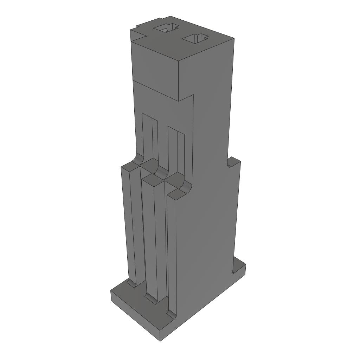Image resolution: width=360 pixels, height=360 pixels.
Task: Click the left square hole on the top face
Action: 167,28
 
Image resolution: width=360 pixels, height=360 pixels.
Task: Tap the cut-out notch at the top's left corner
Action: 139,30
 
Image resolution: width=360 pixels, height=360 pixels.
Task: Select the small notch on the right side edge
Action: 232,162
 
